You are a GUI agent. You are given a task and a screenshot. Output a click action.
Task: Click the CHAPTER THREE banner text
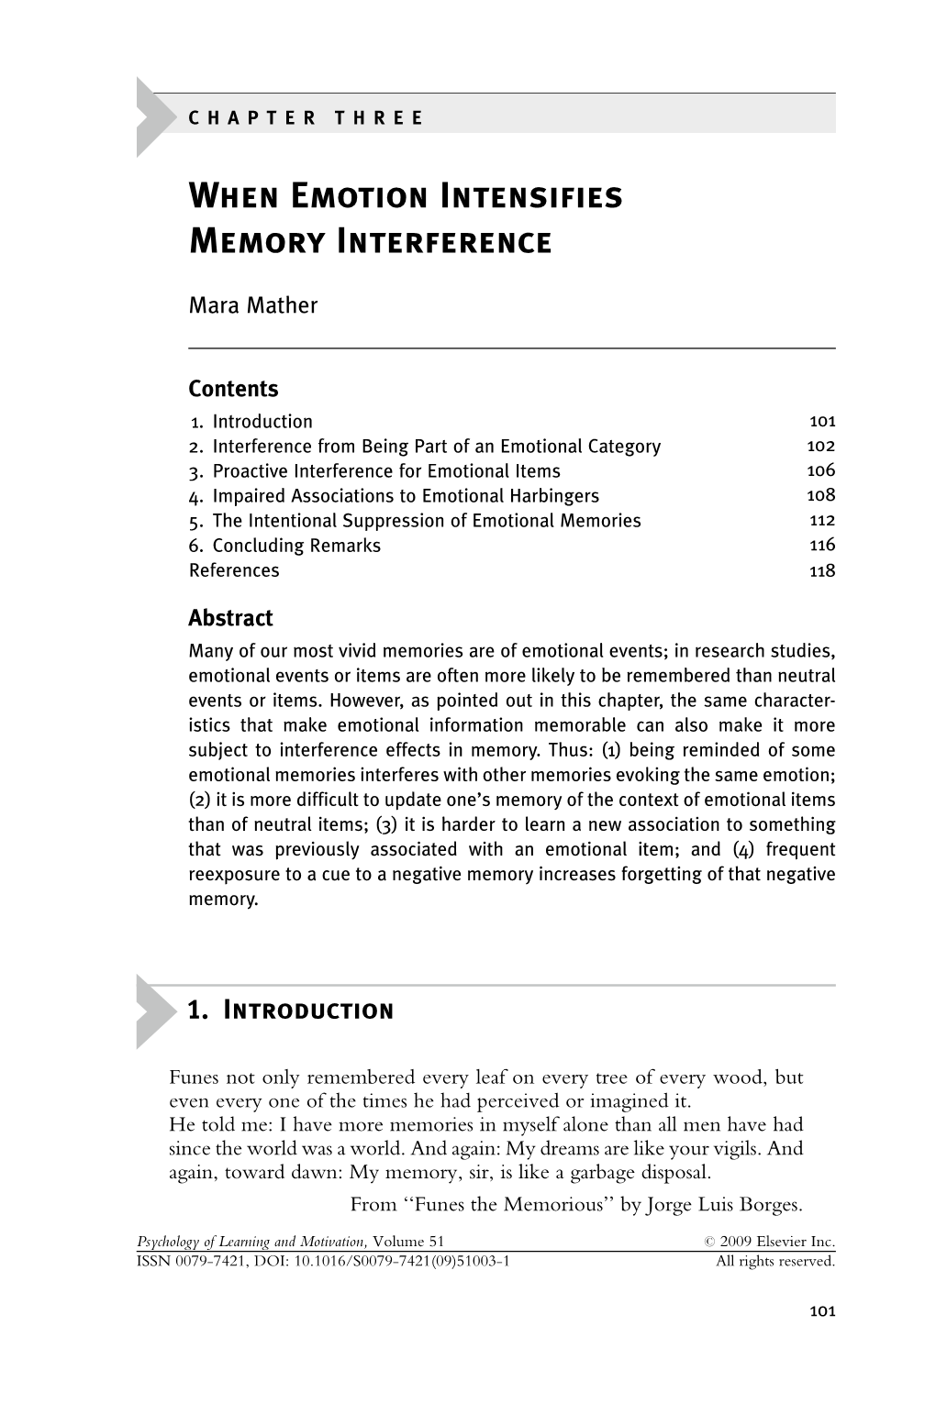coord(306,118)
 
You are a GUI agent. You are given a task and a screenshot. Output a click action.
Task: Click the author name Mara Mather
coord(252,306)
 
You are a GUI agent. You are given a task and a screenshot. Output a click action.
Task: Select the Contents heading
coord(233,389)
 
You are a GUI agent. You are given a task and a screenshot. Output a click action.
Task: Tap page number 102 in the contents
coord(821,447)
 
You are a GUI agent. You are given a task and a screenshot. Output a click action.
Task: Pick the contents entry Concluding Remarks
coord(296,546)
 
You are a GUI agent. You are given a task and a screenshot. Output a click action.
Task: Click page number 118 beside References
coord(822,570)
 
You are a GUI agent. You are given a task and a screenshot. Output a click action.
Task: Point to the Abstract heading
coord(230,618)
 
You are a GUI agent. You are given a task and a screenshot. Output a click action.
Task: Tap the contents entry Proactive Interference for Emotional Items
coord(385,471)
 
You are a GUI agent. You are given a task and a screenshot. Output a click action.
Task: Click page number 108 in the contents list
coord(821,496)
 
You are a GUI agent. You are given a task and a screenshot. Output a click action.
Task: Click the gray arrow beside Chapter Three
coord(153,117)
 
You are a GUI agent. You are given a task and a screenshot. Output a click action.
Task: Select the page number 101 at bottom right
coord(822,1311)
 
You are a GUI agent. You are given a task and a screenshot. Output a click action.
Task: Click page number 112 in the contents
coord(822,521)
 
